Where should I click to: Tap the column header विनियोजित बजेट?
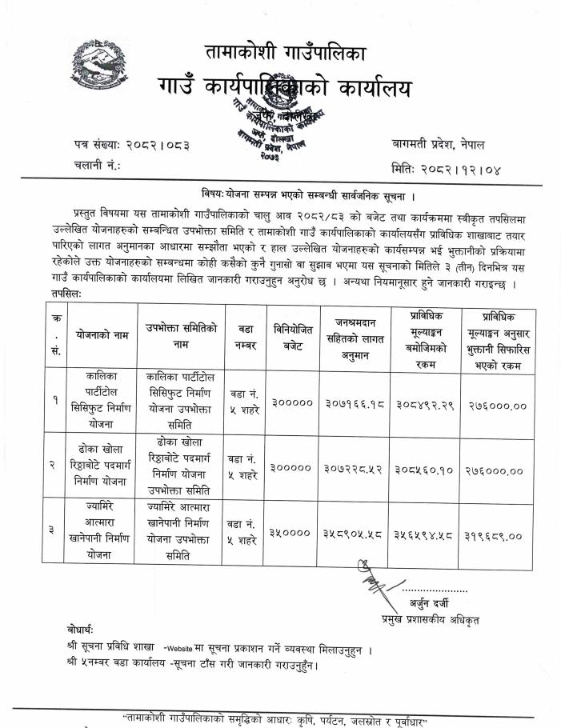292,330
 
